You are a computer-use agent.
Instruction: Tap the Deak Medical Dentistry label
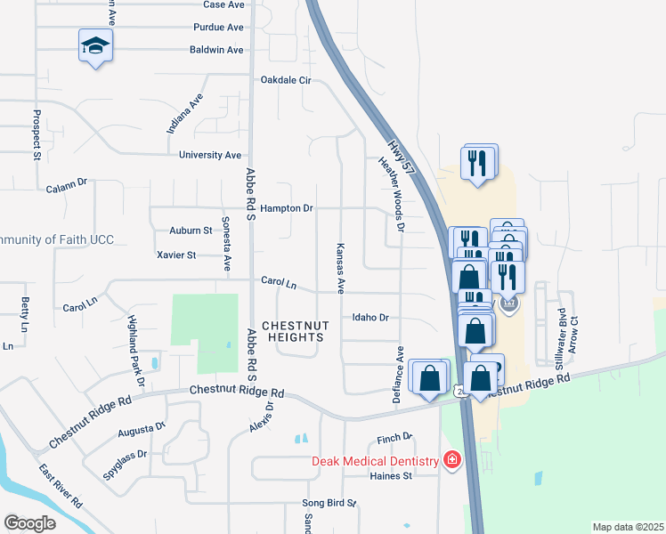point(375,461)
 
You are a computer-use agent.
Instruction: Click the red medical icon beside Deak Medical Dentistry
point(452,460)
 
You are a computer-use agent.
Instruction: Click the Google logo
point(29,523)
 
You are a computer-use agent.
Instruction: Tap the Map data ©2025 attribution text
point(628,527)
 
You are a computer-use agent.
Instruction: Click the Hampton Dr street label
point(288,208)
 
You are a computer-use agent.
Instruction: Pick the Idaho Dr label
point(371,317)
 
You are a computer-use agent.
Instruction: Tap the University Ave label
point(210,155)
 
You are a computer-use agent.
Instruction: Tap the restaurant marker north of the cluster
point(478,162)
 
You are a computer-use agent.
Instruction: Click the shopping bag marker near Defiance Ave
point(430,376)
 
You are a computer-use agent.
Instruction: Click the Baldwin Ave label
point(216,50)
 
